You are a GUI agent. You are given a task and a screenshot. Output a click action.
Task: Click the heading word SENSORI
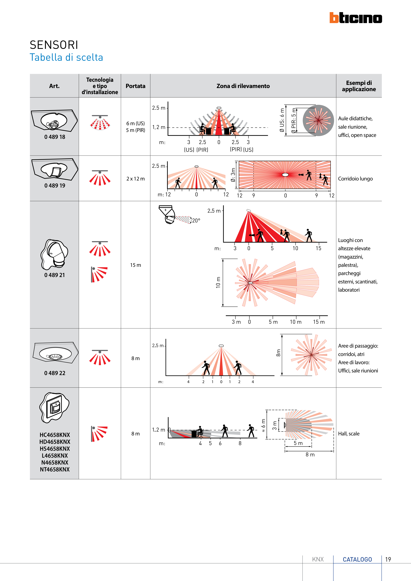click(54, 45)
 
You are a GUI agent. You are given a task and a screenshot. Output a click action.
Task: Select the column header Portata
click(135, 86)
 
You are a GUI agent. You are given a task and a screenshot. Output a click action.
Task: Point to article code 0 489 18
click(55, 137)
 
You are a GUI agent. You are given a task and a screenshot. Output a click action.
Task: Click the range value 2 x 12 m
click(135, 179)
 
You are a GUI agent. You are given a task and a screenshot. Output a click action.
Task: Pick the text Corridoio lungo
click(355, 179)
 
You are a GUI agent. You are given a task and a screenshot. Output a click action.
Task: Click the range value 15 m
click(135, 265)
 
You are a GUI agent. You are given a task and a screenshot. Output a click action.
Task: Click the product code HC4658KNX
click(55, 435)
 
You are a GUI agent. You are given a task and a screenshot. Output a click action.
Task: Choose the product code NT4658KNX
click(55, 469)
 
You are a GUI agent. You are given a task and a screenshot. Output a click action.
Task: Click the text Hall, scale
click(349, 433)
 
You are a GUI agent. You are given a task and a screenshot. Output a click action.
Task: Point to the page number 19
click(388, 559)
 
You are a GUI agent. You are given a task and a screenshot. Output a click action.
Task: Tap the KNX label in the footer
click(318, 559)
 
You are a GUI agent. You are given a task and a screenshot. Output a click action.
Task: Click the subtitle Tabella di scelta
click(66, 57)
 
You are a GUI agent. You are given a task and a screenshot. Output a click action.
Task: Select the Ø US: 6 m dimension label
click(282, 120)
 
